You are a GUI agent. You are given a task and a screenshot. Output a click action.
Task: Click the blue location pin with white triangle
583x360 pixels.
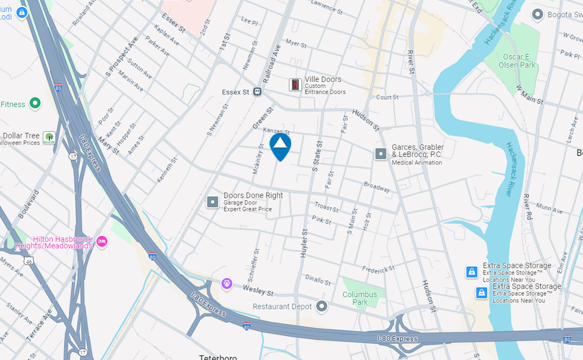pos(281,146)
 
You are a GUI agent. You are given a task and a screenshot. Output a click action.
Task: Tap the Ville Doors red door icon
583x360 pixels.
pos(295,84)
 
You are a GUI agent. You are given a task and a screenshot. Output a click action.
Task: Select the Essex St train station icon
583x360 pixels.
pos(258,92)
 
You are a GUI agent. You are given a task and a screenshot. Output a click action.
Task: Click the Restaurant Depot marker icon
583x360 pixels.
pos(322,307)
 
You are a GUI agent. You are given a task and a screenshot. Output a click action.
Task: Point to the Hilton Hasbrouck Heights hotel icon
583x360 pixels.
pos(102,241)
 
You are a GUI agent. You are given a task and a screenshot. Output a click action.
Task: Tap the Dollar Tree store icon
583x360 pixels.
pos(49,138)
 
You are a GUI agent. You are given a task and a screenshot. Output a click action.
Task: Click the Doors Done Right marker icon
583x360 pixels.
pos(213,202)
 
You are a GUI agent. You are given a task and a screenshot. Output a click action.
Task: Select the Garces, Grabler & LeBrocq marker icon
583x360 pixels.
pos(381,154)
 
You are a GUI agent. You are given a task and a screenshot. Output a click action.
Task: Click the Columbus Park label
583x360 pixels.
pos(360,298)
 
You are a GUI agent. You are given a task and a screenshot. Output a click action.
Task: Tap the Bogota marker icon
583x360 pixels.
pos(538,14)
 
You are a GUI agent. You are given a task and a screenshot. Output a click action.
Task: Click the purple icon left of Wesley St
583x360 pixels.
pos(226,284)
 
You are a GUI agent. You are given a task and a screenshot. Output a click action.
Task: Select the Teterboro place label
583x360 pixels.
pos(218,357)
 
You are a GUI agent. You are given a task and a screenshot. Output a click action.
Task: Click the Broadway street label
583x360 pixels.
pos(377,187)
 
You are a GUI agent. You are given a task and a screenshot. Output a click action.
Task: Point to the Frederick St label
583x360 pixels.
pos(379,270)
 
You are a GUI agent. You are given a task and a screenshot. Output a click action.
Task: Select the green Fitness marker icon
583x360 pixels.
pos(35,104)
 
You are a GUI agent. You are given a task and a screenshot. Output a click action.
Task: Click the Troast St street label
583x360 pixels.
pos(326,208)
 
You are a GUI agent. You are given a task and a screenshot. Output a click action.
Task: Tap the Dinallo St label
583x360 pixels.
pos(317,280)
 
